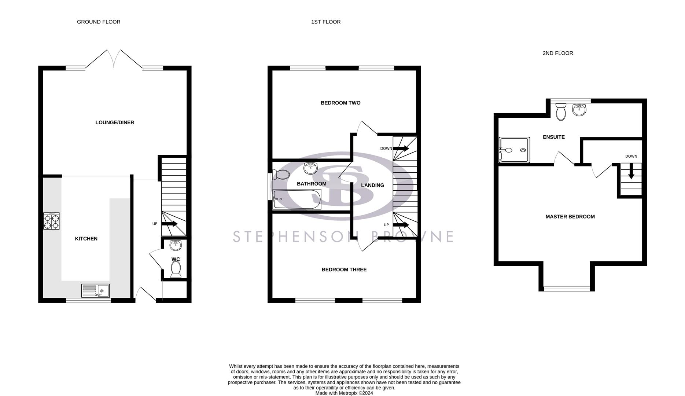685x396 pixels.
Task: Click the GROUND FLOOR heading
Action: click(x=99, y=22)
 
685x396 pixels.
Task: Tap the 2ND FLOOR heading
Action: click(x=557, y=53)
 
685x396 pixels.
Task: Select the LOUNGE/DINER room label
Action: click(x=115, y=122)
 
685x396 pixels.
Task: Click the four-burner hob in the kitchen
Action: click(x=51, y=221)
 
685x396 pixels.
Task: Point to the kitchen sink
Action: click(x=95, y=291)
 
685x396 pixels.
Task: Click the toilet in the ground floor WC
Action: click(x=176, y=268)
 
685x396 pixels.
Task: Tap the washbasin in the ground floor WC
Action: click(x=176, y=245)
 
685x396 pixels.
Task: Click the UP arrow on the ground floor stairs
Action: click(x=169, y=224)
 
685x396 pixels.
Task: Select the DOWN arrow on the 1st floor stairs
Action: click(x=401, y=148)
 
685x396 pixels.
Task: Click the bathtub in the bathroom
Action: click(x=297, y=199)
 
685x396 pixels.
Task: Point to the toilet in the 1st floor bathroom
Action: click(x=281, y=175)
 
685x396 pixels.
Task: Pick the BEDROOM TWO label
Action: click(x=340, y=103)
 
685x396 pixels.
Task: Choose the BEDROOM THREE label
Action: click(x=344, y=270)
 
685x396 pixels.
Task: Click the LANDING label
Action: click(x=372, y=186)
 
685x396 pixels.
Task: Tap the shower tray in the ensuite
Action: click(x=515, y=150)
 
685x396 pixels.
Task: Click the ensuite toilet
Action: click(x=561, y=112)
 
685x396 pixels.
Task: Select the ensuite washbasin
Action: click(x=579, y=109)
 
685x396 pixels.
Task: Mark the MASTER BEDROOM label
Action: click(x=570, y=217)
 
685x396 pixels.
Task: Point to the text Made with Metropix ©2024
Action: click(x=344, y=393)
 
